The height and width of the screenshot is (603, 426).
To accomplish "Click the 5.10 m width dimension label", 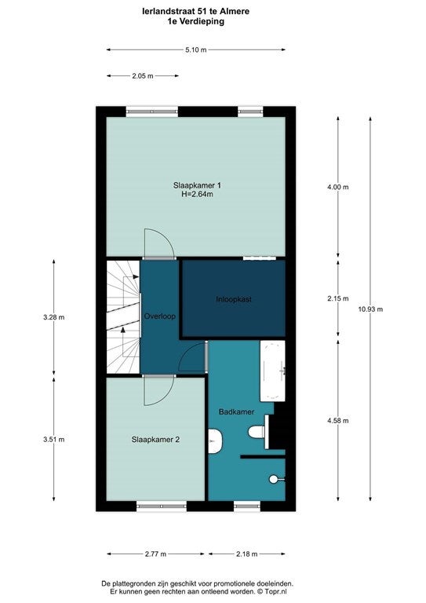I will click(x=196, y=49).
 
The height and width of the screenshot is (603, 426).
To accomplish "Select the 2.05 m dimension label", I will click(x=142, y=76).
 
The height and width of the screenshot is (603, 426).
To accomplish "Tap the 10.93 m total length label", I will click(x=370, y=309).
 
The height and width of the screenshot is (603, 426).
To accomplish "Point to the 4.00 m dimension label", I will click(x=337, y=187).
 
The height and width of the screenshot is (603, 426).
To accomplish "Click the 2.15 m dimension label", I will click(x=337, y=298).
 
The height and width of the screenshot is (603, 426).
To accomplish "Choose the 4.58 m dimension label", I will click(x=337, y=420).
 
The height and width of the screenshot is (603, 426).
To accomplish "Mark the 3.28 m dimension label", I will click(x=53, y=317).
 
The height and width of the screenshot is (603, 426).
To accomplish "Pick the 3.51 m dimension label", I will click(x=53, y=439).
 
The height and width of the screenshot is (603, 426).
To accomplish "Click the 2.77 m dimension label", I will click(x=155, y=554).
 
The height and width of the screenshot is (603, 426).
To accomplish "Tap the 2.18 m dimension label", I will click(x=247, y=554).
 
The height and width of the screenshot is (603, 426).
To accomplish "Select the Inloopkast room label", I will click(x=233, y=299).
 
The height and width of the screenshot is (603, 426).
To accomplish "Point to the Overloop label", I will click(x=159, y=316).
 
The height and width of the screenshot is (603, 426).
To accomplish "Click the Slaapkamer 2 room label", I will click(x=155, y=440).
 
